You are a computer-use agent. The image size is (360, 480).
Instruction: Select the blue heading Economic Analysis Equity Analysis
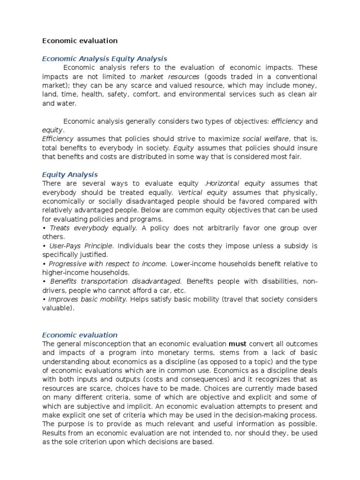[105, 59]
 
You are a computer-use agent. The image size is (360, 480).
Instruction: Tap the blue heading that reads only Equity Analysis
[70, 174]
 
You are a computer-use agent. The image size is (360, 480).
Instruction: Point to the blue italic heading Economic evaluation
[80, 335]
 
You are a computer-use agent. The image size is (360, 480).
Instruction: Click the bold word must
[237, 344]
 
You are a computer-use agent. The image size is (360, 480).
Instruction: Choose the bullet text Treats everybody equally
[93, 228]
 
